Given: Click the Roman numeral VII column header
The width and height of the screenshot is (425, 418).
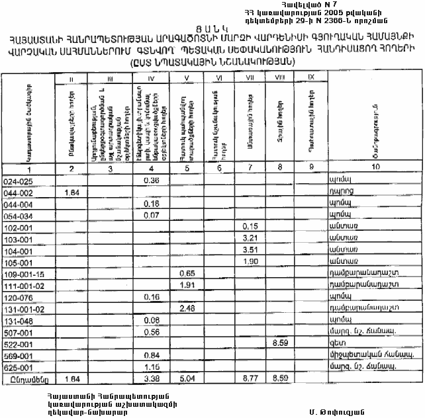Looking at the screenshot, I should point(250,78).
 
